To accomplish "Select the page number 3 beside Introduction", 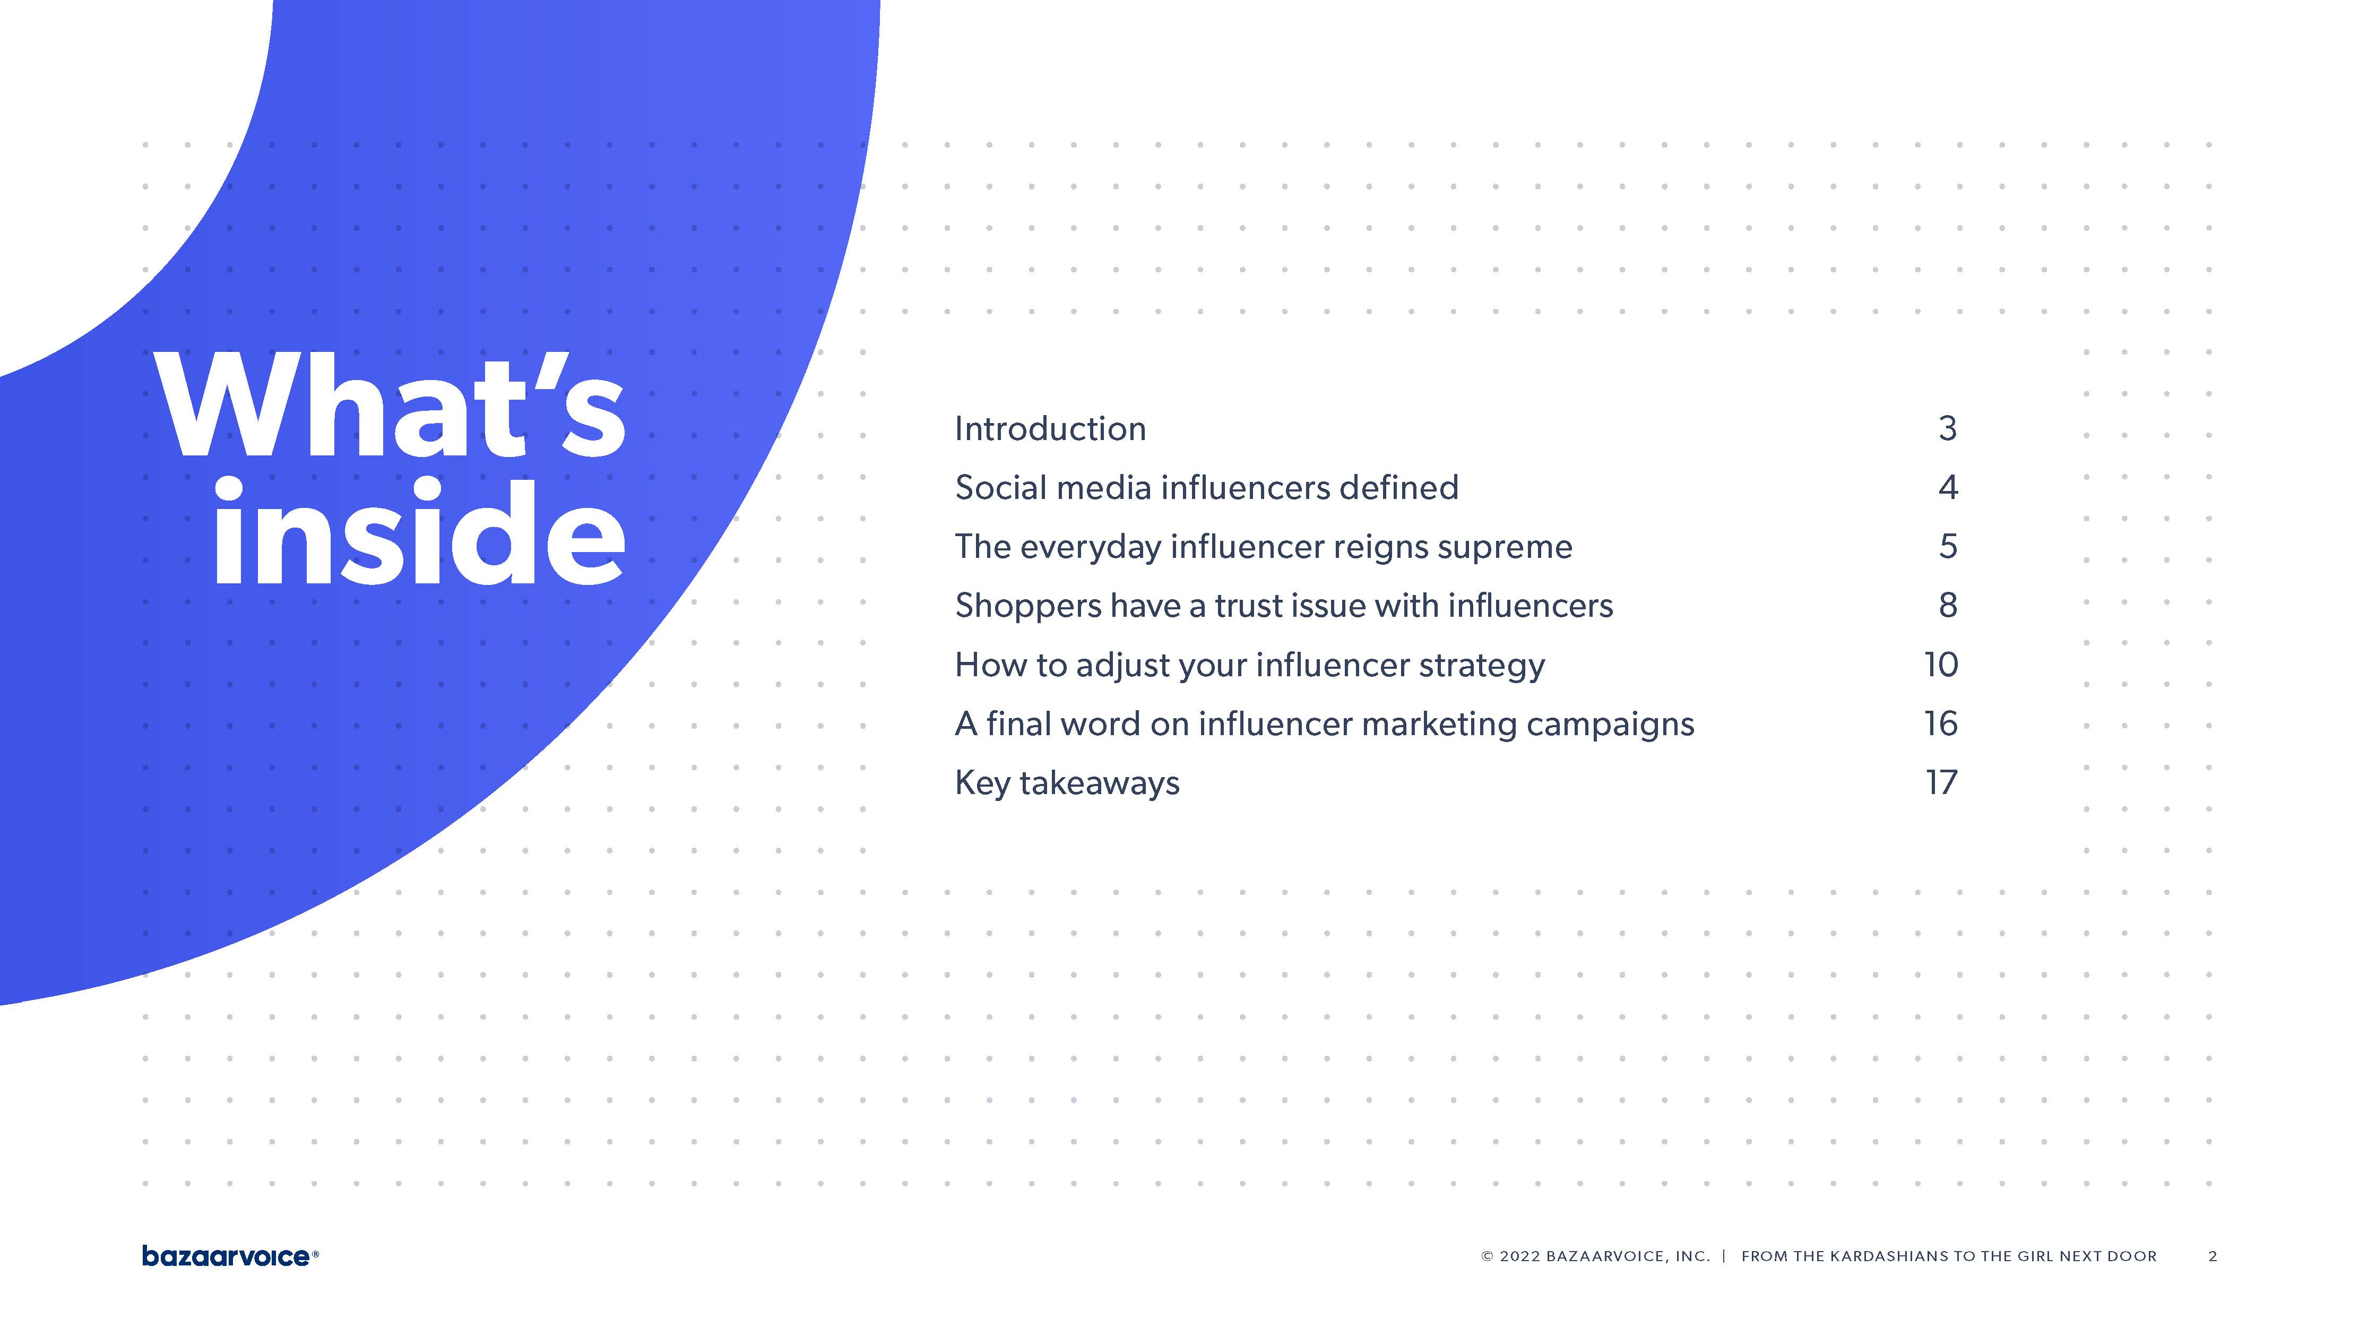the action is (x=1948, y=428).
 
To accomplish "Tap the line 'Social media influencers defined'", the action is (x=1206, y=487).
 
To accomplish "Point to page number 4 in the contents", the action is (x=1948, y=487).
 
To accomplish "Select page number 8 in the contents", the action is (x=1948, y=605).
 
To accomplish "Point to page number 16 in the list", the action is (x=1940, y=723).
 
